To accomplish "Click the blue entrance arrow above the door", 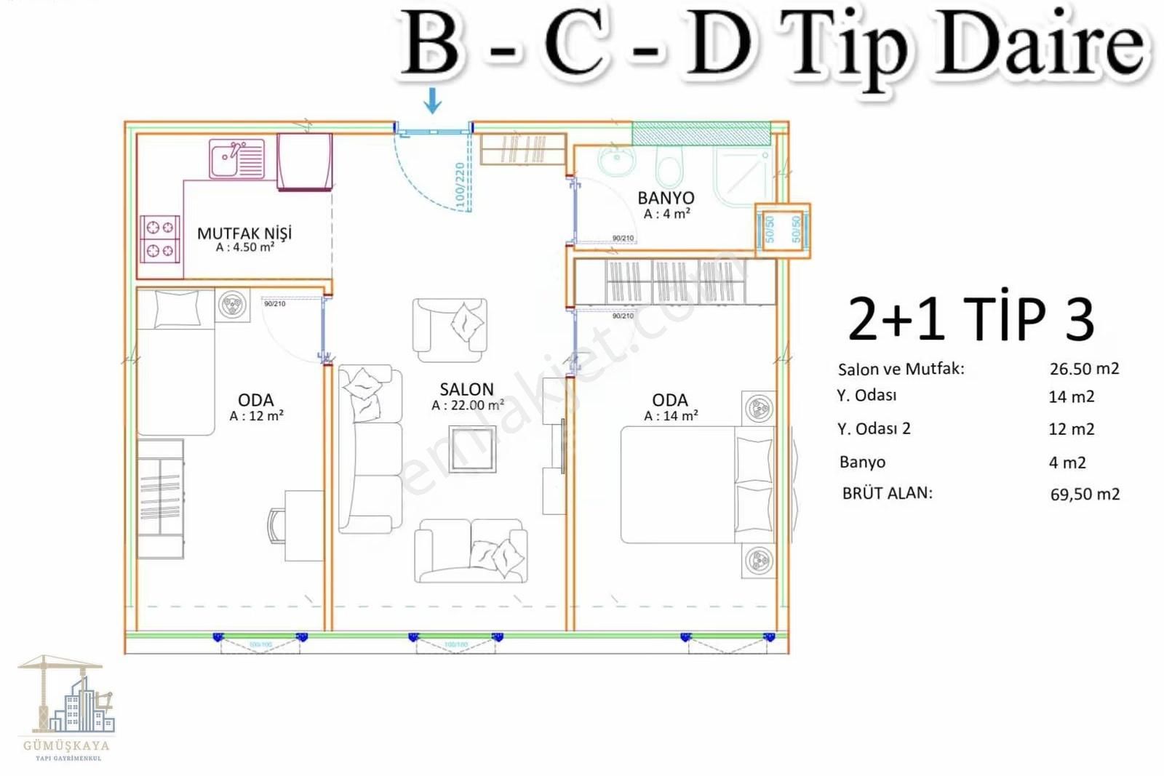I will (433, 100).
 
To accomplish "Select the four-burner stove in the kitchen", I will (160, 239).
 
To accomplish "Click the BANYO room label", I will (666, 198).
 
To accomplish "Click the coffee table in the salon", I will (472, 449).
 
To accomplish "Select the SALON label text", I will (466, 389).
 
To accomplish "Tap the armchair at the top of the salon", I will (449, 329).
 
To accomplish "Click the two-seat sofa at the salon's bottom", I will (470, 551).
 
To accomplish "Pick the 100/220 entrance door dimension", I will (460, 185).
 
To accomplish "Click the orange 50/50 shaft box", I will (782, 230).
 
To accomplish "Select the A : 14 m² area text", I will (671, 416).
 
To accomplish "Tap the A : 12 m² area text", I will (256, 416).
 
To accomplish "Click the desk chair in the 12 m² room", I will (277, 526).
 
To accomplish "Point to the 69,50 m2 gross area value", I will (1085, 495).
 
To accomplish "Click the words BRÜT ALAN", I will (887, 493).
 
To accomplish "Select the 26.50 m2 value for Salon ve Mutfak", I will (1084, 369).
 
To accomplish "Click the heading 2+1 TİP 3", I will (970, 319).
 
